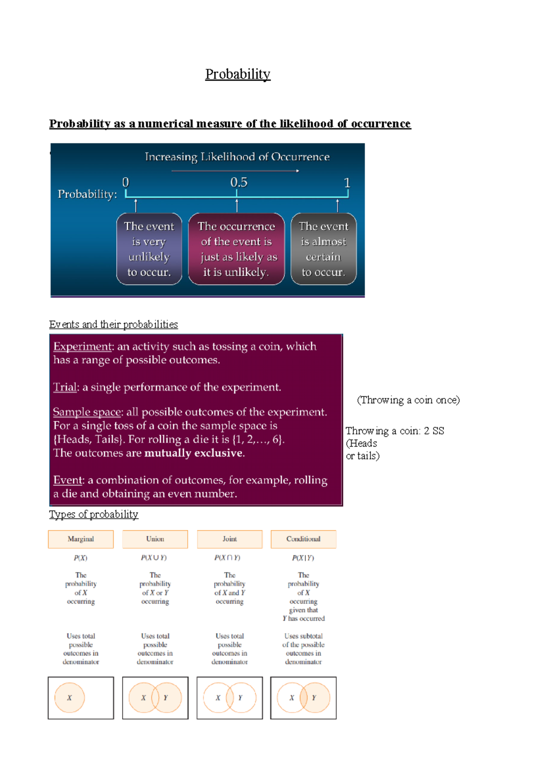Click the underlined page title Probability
pos(238,74)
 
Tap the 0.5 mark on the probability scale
pos(238,183)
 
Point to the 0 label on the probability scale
pos(126,183)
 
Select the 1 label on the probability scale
pos(347,183)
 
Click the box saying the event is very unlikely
pos(149,249)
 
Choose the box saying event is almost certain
pos(323,249)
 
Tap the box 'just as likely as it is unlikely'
pos(236,249)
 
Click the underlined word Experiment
pos(82,346)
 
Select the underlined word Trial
pos(65,387)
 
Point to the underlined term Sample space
pos(87,412)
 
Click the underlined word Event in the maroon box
pos(68,480)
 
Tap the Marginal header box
pos(81,539)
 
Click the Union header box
pos(155,539)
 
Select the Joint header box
pos(229,539)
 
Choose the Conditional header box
pos(303,539)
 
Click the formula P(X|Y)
pos(303,558)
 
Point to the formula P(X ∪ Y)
pos(154,558)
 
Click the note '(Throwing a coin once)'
pos(408,400)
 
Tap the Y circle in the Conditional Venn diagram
pos(318,698)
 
